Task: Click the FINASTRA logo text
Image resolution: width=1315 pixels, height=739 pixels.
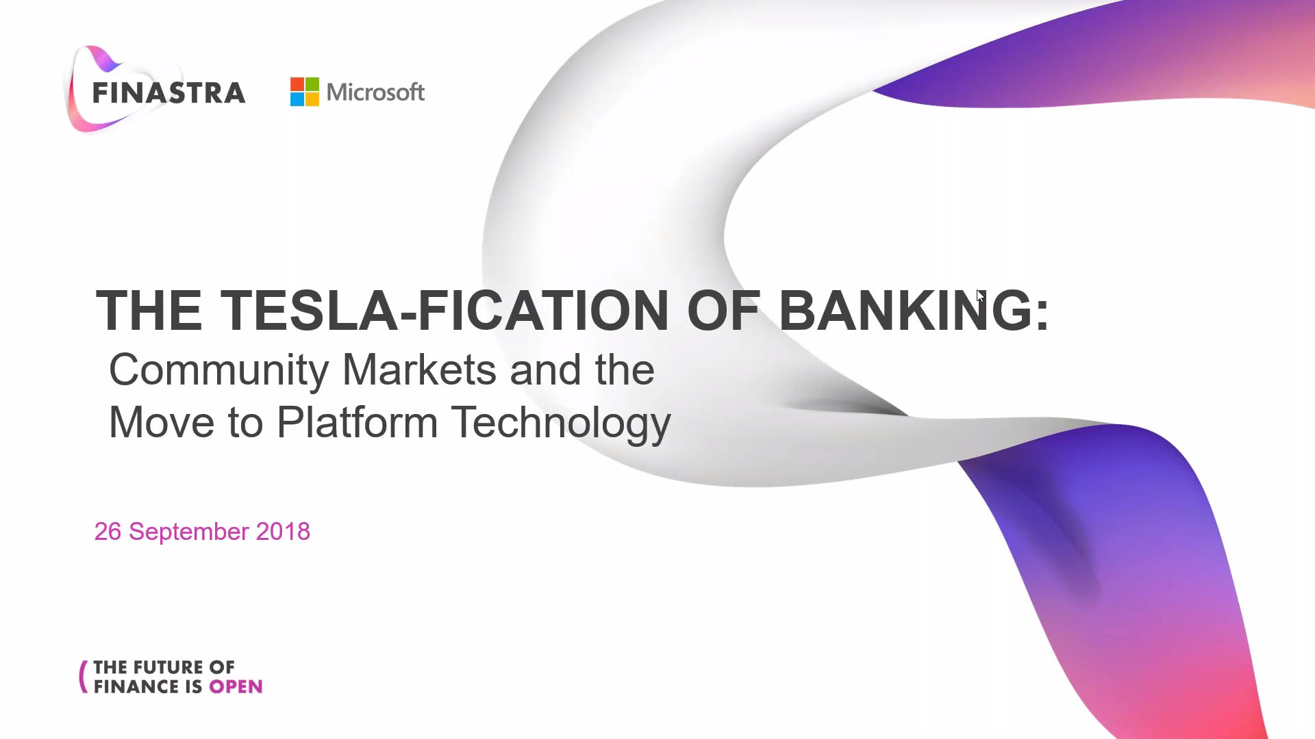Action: pos(168,93)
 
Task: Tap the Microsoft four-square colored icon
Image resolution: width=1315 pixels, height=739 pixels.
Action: pos(305,92)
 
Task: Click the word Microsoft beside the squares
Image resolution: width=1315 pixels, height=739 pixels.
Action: pos(375,92)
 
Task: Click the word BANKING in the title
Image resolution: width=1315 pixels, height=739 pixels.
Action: pos(906,311)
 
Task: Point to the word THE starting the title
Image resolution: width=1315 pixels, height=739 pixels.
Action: pos(149,311)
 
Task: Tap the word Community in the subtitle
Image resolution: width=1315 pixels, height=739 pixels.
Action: pos(219,371)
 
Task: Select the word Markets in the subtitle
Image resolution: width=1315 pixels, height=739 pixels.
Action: pos(419,369)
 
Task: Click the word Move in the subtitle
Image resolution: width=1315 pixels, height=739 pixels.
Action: pos(162,422)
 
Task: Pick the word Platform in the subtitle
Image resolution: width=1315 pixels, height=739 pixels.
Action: pos(357,422)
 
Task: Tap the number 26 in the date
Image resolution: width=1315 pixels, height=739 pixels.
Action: pos(108,532)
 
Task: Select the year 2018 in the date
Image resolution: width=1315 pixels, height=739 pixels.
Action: pos(283,532)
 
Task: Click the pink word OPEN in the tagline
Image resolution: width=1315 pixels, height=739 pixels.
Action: pos(236,687)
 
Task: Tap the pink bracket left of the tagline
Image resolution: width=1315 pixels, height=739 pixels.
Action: pos(84,677)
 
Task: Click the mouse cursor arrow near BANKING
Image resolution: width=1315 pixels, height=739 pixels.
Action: pos(980,296)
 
